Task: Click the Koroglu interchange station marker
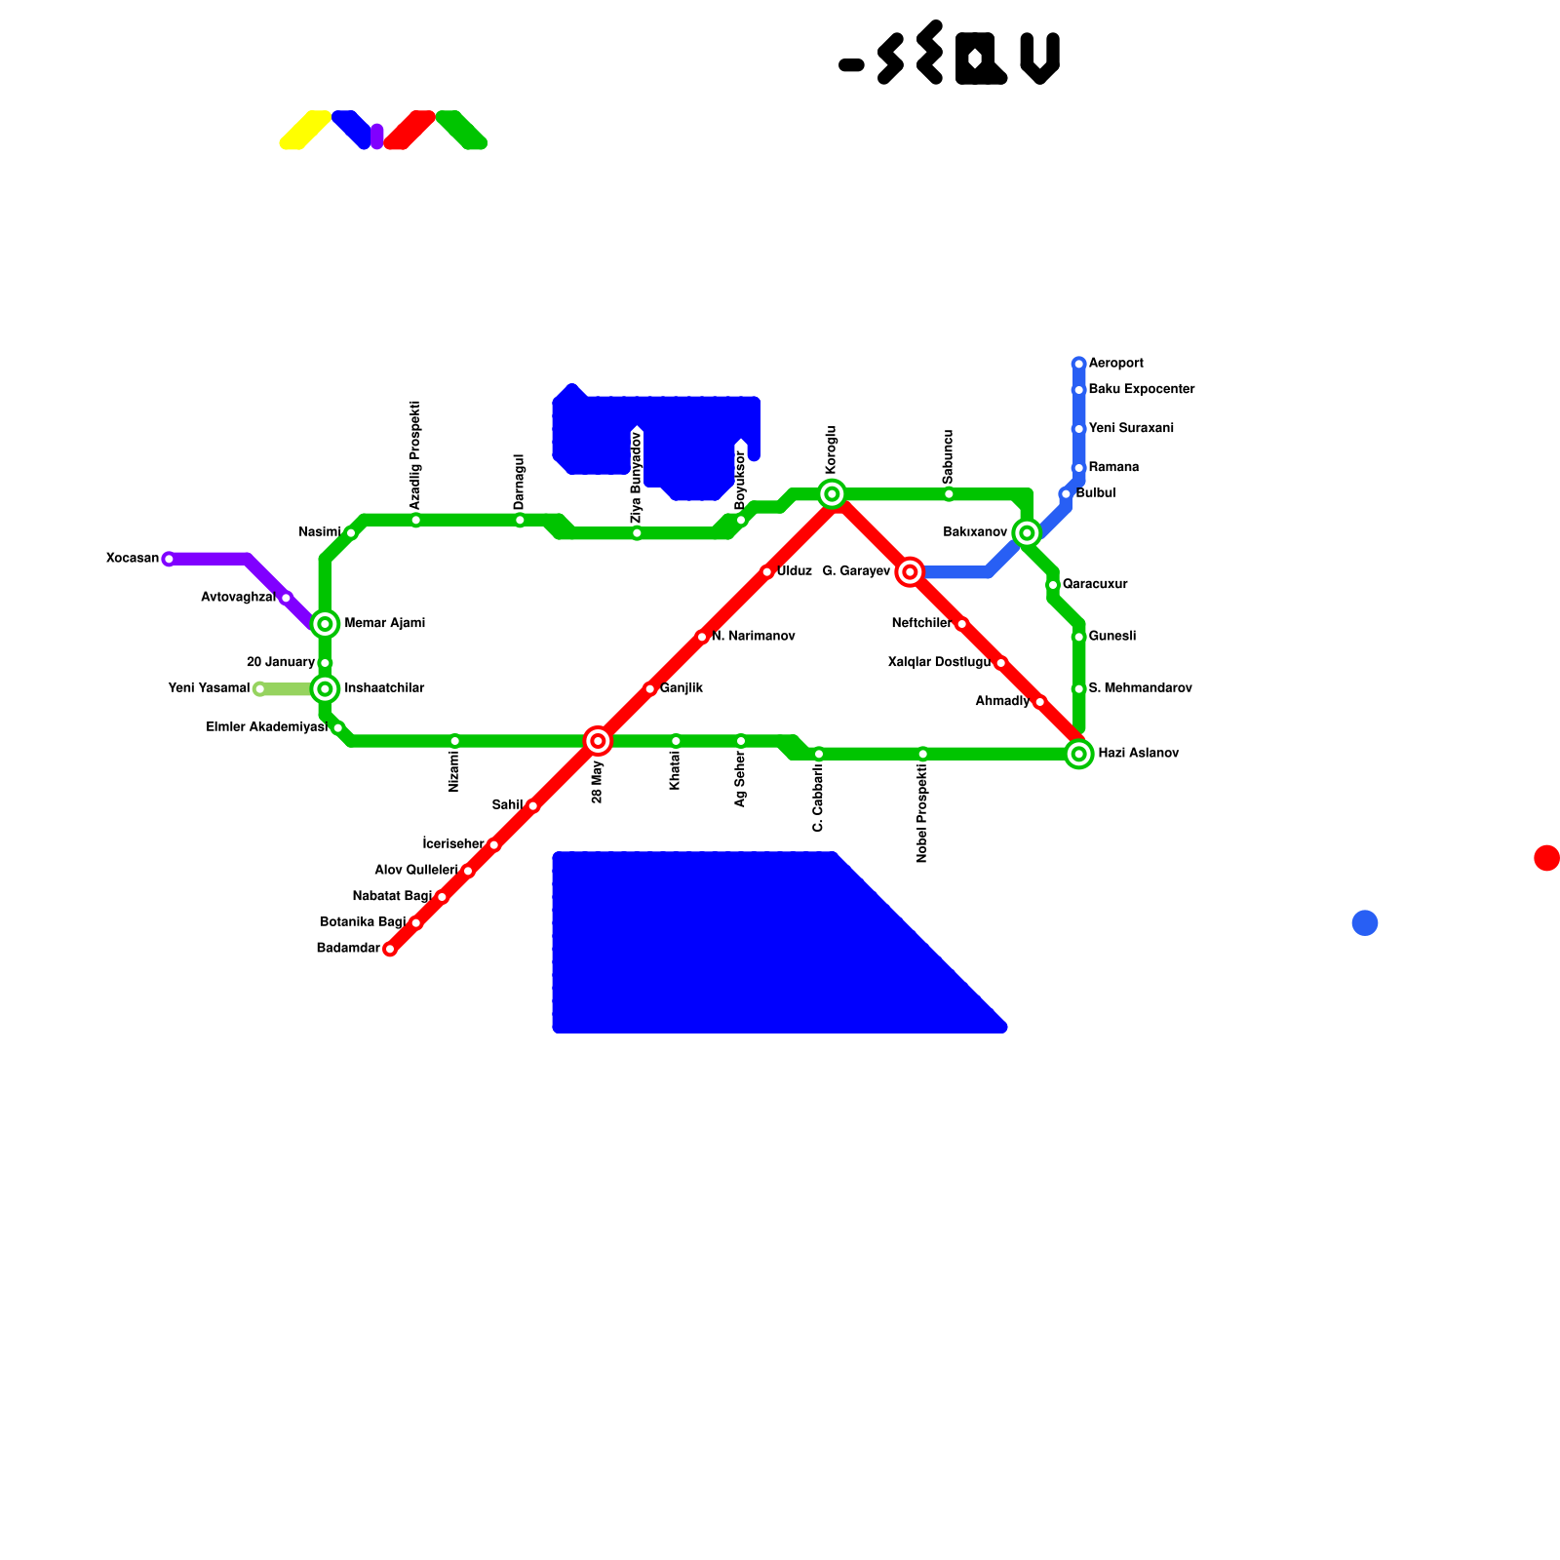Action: pos(832,494)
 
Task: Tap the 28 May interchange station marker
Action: pos(598,741)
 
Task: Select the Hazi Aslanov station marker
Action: pos(1078,754)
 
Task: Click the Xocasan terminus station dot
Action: pos(169,559)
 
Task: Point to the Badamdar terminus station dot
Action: pos(390,949)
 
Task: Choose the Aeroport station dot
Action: pos(1078,364)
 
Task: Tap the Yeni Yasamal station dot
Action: pos(259,689)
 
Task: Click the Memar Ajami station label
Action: pos(384,624)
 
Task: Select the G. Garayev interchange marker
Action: pos(910,572)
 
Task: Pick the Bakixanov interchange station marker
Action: pos(1027,532)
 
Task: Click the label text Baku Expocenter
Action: pos(1141,390)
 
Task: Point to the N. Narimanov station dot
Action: pos(702,637)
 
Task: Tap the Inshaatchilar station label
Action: pos(384,689)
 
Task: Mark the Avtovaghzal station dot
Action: pos(286,598)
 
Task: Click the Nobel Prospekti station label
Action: pos(922,813)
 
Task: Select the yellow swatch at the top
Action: pos(305,130)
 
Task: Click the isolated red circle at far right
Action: pos(1546,858)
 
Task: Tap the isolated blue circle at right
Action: pos(1365,922)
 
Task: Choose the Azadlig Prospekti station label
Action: pos(415,454)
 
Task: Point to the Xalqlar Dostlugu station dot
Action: pos(1000,663)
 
